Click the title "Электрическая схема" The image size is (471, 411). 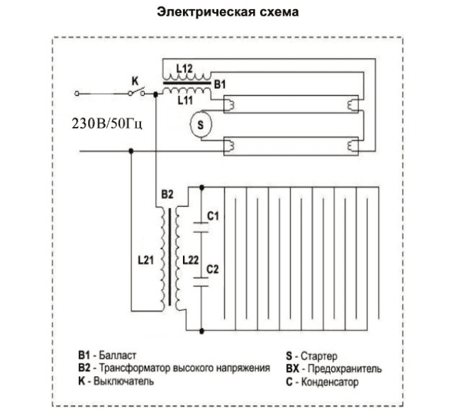click(228, 12)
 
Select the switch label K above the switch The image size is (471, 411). click(135, 81)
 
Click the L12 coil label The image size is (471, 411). click(184, 69)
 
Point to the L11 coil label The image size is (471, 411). click(185, 100)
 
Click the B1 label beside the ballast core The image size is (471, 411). click(220, 84)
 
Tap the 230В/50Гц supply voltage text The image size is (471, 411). click(107, 124)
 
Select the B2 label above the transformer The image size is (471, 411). click(167, 194)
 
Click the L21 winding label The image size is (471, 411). click(145, 260)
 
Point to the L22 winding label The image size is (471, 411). click(191, 260)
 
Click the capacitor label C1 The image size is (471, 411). click(213, 216)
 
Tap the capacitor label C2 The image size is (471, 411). click(213, 269)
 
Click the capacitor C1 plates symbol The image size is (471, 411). click(201, 228)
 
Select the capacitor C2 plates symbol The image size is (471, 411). click(201, 282)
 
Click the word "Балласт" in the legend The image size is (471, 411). click(118, 356)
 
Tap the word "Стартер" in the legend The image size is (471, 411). click(319, 356)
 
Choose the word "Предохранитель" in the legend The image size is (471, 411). click(345, 368)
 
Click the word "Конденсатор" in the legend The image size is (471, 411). click(330, 382)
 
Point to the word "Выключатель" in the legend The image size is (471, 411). click(123, 381)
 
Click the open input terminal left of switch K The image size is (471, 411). click(77, 94)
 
